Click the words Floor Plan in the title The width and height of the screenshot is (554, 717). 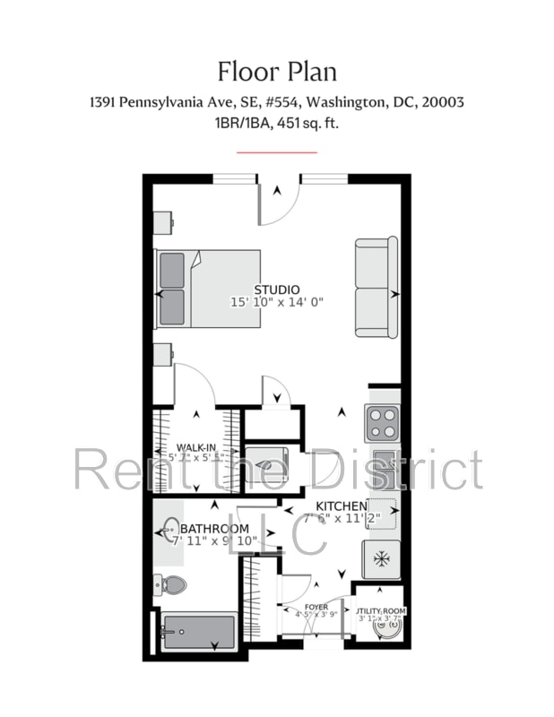[277, 71]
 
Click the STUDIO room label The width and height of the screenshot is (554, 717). [276, 289]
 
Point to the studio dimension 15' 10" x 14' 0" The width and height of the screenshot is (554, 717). [276, 303]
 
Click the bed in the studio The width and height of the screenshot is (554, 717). [208, 289]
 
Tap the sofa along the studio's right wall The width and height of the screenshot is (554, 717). [376, 287]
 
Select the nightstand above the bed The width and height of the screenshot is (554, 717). [163, 223]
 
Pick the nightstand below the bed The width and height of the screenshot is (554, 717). [163, 354]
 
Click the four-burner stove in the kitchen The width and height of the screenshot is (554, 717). [381, 419]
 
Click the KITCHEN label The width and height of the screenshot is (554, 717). [342, 505]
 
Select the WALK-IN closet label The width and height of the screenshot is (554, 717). [196, 447]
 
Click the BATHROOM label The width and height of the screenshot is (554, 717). [215, 529]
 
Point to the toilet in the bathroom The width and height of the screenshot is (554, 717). [171, 586]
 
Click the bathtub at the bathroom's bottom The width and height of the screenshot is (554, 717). [199, 632]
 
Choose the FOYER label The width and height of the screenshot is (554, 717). [316, 607]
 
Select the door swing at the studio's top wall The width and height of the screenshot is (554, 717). [278, 203]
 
